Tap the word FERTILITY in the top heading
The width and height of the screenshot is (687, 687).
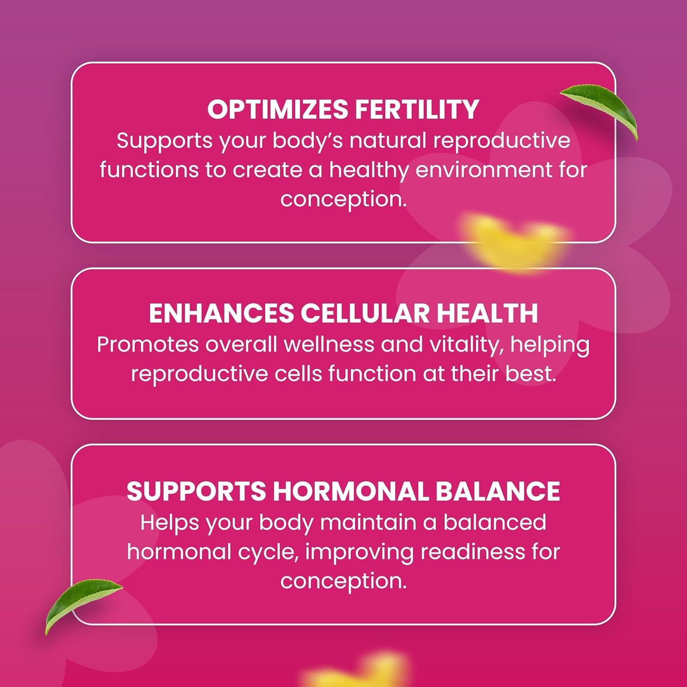tap(417, 109)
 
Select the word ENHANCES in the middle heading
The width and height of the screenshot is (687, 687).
tap(221, 313)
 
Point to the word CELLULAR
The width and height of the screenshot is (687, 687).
tap(365, 313)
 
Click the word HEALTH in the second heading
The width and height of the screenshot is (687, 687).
tap(487, 313)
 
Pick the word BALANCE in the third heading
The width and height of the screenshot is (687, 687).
tap(497, 491)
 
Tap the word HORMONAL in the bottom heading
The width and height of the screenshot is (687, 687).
tap(350, 491)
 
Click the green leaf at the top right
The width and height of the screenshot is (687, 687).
tap(600, 110)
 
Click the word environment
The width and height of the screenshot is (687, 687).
tap(484, 170)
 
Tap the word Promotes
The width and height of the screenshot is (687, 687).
tap(147, 345)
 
